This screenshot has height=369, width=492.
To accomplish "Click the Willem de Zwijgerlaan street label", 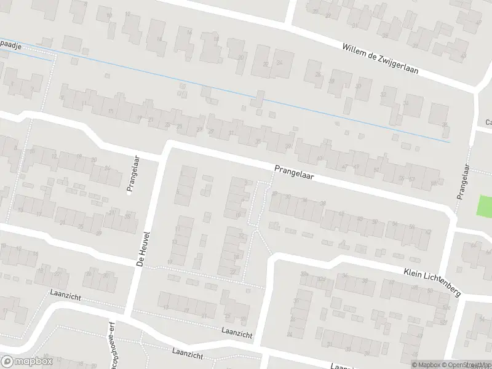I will [380, 58].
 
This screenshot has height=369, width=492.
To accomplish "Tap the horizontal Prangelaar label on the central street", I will [295, 172].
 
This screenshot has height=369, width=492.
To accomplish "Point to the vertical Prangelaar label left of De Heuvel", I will [130, 174].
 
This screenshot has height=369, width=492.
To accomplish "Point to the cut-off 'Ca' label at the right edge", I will [488, 122].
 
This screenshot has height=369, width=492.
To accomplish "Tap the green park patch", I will [485, 204].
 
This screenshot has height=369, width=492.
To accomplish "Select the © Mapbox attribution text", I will [424, 365].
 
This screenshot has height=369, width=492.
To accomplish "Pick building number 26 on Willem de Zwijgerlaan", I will [318, 74].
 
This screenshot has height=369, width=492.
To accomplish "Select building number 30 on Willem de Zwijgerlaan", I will [357, 85].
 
